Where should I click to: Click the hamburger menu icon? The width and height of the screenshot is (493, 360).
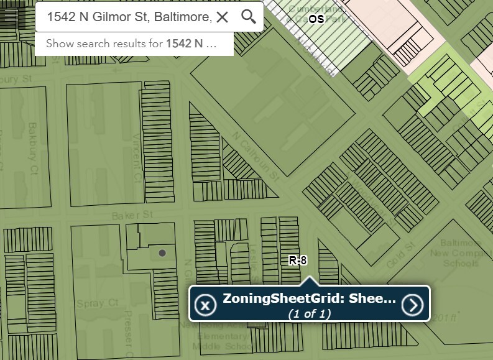(11, 17)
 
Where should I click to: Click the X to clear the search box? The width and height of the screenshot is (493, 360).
(223, 17)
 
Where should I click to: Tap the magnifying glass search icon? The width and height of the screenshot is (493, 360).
(249, 17)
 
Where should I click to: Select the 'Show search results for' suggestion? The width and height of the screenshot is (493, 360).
(131, 44)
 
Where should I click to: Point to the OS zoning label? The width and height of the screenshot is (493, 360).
(316, 19)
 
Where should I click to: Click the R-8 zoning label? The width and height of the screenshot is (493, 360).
(298, 261)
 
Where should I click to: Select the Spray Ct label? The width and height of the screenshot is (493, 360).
(88, 303)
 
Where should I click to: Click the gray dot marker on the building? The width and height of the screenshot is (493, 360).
(162, 253)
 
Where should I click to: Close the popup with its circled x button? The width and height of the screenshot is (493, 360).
(205, 305)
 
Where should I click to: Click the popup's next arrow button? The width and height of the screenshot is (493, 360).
(412, 305)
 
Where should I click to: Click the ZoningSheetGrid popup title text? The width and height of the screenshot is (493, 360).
(309, 298)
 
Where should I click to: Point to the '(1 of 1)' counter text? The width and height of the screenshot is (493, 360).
(309, 313)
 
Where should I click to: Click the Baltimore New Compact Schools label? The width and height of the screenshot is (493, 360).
(461, 252)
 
